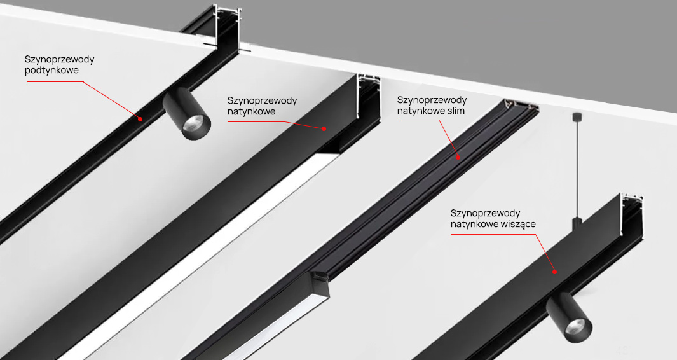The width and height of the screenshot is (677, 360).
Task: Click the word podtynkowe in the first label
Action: point(52,71)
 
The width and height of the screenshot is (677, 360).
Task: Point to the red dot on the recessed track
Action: point(140,119)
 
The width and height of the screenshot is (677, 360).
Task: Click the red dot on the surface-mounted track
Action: point(324,128)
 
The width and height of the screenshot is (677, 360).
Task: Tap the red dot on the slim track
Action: point(458,158)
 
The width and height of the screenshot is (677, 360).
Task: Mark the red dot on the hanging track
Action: point(555,272)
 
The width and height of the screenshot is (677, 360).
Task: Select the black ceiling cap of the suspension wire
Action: point(576,116)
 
